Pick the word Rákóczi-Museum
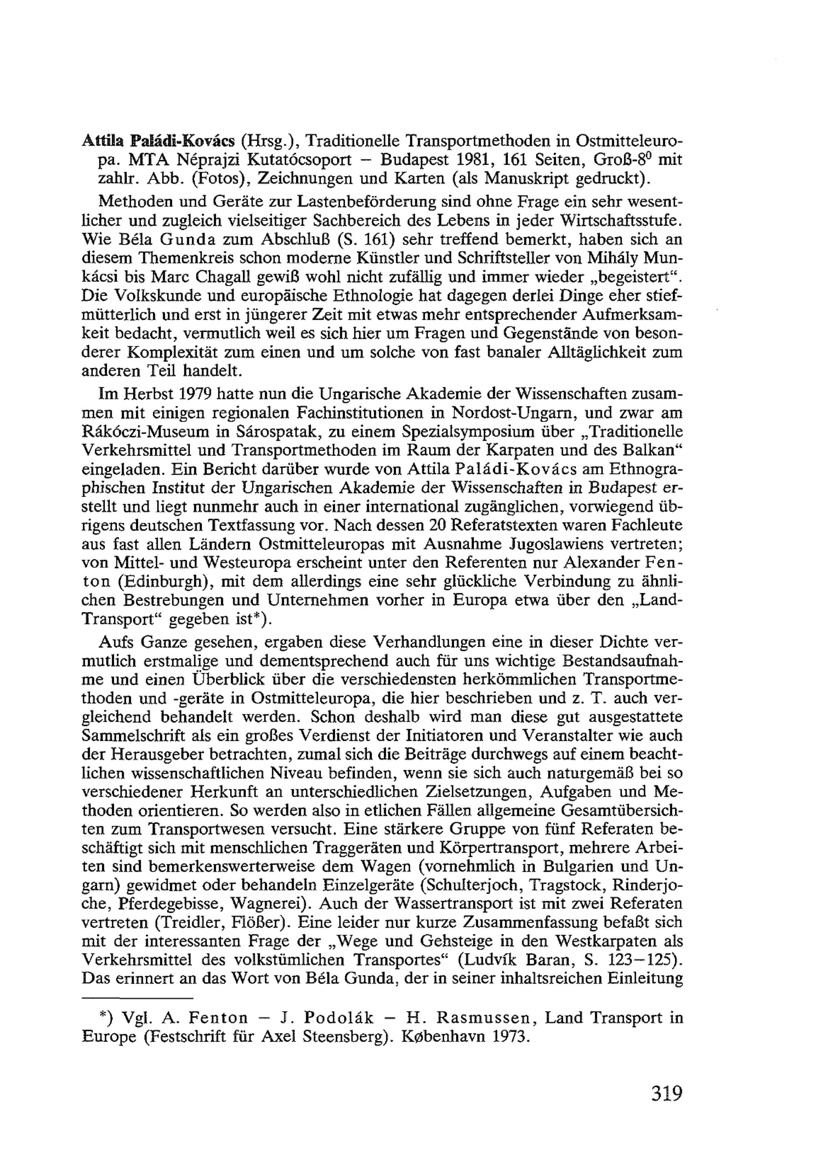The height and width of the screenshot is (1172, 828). (x=142, y=432)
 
